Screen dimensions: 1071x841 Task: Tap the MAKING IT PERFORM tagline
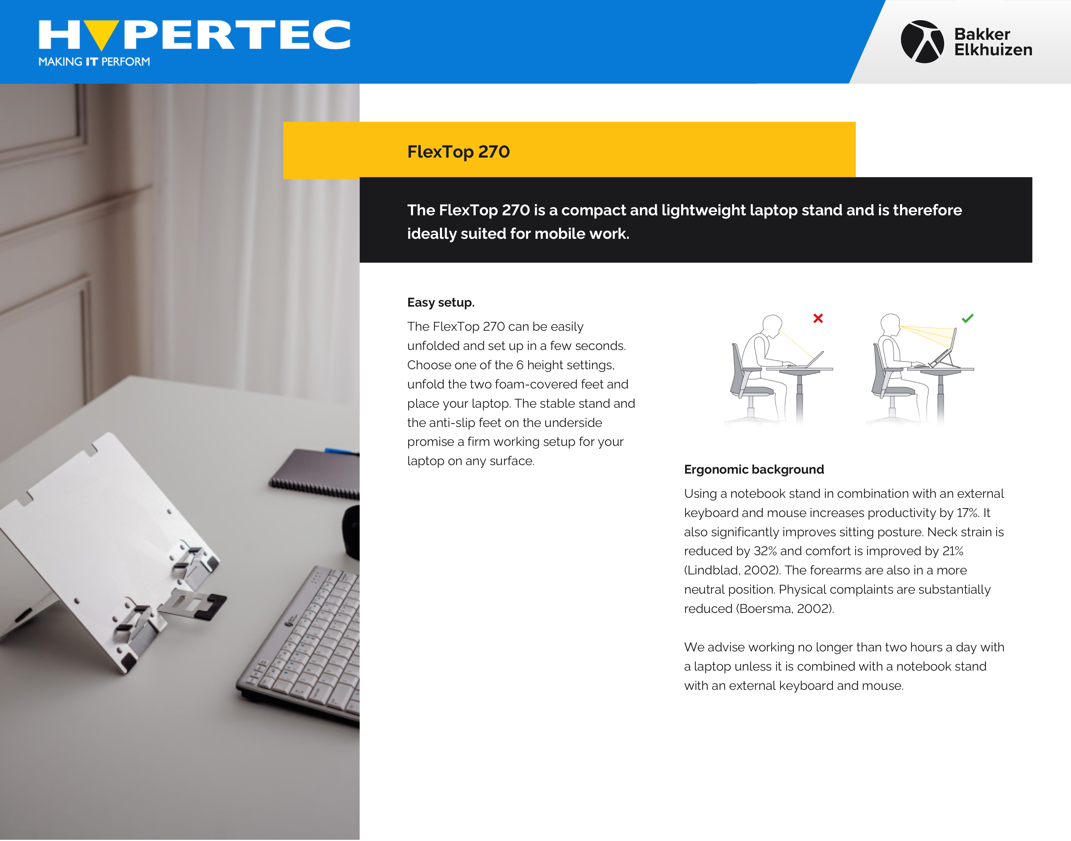tap(94, 62)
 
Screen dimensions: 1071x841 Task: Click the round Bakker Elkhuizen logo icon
tap(922, 41)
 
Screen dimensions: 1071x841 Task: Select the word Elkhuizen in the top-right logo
tap(993, 50)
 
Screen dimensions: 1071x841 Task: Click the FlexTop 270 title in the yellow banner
tap(458, 152)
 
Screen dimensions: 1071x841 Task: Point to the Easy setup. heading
tap(441, 302)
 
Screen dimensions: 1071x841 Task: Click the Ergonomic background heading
tap(753, 469)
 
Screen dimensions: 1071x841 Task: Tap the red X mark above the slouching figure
tap(818, 319)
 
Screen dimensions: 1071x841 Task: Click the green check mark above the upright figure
tap(967, 318)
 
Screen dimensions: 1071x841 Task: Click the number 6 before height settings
tap(519, 365)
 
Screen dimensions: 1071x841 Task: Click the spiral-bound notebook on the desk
tap(315, 473)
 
